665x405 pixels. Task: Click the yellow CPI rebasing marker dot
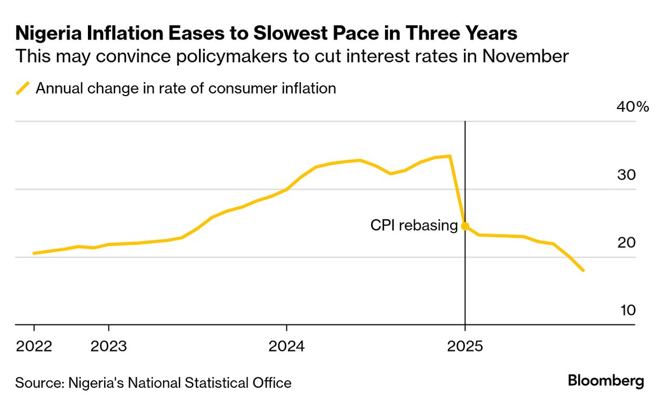465,226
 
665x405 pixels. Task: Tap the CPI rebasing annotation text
414,226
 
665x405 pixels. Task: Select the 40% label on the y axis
633,107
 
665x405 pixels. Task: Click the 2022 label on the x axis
34,346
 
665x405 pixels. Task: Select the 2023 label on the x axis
108,346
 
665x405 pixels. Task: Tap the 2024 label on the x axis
286,346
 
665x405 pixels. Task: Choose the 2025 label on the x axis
465,346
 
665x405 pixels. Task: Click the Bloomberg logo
606,381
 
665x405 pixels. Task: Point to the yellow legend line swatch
23,88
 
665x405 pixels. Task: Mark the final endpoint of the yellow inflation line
583,271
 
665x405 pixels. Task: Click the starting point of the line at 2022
34,253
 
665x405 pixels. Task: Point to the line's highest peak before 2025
450,156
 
